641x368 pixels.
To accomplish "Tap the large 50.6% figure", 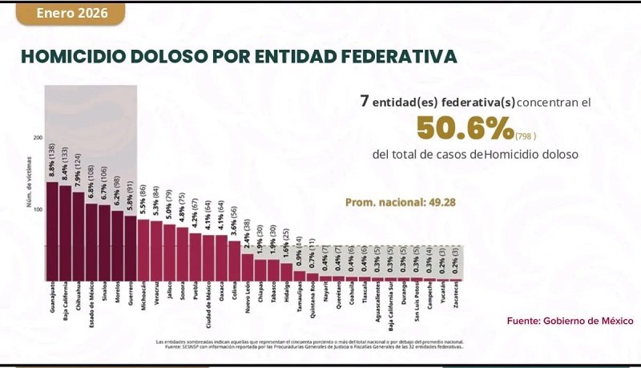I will pos(465,127).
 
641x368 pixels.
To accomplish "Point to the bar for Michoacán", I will pos(143,249).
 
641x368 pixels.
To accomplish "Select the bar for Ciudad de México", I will pos(208,257).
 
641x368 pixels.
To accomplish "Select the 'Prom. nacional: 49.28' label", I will pos(401,202).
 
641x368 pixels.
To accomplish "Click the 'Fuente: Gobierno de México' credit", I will pos(570,321).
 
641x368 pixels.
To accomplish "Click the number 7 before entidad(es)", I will pos(365,103).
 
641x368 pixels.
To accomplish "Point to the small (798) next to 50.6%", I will pos(526,135).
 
